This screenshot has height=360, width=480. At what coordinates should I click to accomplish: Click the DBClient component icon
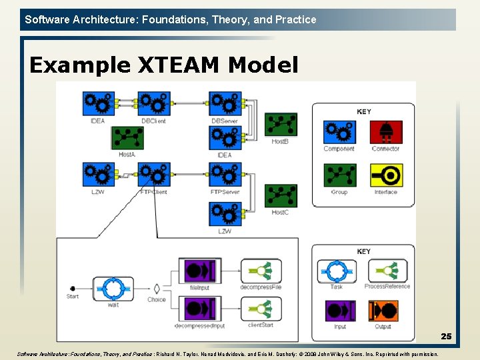(x=154, y=104)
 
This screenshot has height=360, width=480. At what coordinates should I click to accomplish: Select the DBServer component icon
(x=225, y=104)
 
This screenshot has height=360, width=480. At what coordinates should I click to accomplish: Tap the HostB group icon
(x=281, y=125)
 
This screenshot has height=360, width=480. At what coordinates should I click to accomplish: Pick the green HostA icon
(x=127, y=138)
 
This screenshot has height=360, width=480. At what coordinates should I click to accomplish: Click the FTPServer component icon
(x=225, y=175)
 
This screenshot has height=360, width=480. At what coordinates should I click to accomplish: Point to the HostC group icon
(x=281, y=196)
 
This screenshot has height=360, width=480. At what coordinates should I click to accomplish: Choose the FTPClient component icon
(x=154, y=175)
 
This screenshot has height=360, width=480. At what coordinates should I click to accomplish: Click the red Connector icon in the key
(x=386, y=132)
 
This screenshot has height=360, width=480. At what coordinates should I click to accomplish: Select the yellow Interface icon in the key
(x=386, y=175)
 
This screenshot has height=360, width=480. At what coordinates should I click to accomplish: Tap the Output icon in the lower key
(x=383, y=311)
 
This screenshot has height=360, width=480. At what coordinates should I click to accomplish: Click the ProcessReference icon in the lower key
(x=387, y=271)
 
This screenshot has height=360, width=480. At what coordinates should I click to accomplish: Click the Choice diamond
(x=157, y=288)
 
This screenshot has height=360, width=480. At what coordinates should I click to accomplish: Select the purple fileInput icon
(x=199, y=271)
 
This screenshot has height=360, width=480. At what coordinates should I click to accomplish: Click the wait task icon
(x=113, y=288)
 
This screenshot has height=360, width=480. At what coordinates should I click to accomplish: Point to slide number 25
(x=445, y=337)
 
